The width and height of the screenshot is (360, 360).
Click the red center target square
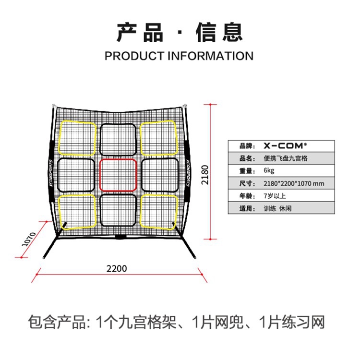(x=119, y=175)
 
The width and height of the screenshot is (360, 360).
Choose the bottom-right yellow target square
(x=159, y=210)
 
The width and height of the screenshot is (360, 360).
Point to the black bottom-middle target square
(x=119, y=211)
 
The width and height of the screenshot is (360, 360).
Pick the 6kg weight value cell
(x=269, y=170)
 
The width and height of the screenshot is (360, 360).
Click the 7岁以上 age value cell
(x=274, y=196)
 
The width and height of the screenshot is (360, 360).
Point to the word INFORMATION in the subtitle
(x=210, y=56)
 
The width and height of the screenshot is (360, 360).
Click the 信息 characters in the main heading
(x=219, y=31)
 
